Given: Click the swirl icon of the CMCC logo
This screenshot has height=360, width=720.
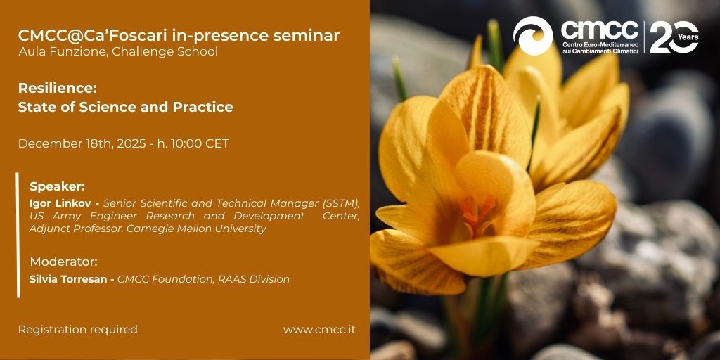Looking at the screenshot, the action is (533, 36).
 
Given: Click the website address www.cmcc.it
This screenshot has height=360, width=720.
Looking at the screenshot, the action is (319, 330).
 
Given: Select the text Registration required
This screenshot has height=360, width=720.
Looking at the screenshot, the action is (77, 330).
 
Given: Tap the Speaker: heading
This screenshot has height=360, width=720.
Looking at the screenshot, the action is (58, 187).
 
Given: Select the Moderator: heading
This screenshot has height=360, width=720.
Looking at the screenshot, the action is (64, 262).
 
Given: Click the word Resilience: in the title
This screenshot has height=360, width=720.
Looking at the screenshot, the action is (58, 88).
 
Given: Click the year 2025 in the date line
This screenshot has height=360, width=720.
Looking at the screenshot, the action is (131, 143).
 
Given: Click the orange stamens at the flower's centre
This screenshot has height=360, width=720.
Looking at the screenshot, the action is (477, 212).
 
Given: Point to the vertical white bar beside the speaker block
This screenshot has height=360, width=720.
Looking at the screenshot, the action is (18, 235).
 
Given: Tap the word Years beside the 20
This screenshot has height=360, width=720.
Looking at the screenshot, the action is (688, 37).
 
